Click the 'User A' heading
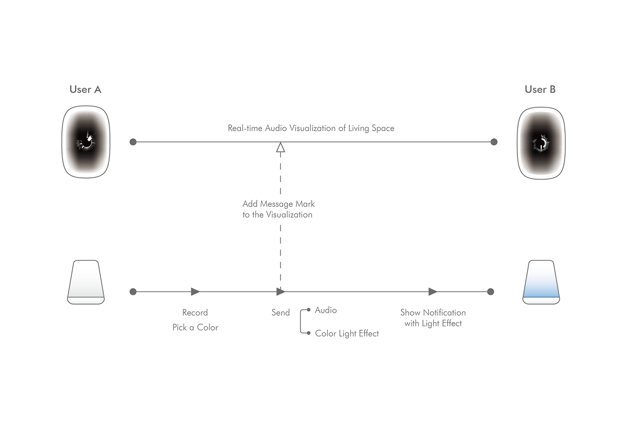coord(85,89)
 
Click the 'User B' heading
coord(540,89)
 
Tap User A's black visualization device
coord(86,142)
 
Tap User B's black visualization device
coord(541,143)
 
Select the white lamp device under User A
coord(86,282)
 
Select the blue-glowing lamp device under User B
coord(541,282)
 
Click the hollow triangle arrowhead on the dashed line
coord(280,148)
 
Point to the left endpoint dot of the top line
coord(133,142)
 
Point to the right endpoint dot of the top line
coord(494,142)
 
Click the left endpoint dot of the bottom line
coord(133,292)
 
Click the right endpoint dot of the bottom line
coord(491,292)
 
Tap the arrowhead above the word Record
coord(195,292)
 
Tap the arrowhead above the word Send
coord(281,292)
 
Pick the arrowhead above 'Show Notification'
coord(433,292)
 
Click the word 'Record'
coord(195,312)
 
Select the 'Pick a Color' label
coord(195,327)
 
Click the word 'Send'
coord(280,312)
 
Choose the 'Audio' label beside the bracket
coord(326,310)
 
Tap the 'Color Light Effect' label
coord(347,333)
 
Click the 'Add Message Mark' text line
coord(279,204)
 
